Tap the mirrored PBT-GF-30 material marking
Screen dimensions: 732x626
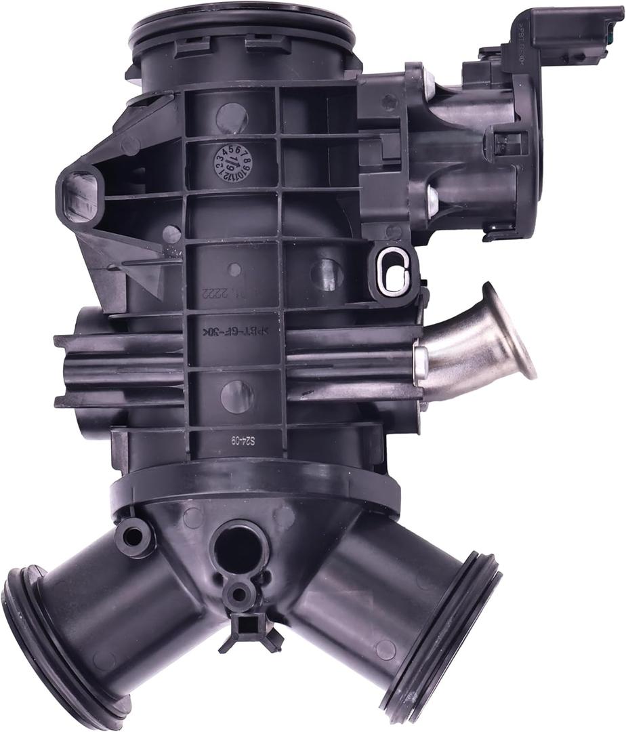pyautogui.click(x=234, y=332)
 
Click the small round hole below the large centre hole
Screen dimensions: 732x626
pyautogui.click(x=239, y=594)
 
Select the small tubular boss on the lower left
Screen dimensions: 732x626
pyautogui.click(x=133, y=536)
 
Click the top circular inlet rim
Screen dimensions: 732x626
pyautogui.click(x=241, y=27)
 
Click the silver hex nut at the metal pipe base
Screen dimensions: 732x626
pyautogui.click(x=419, y=364)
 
